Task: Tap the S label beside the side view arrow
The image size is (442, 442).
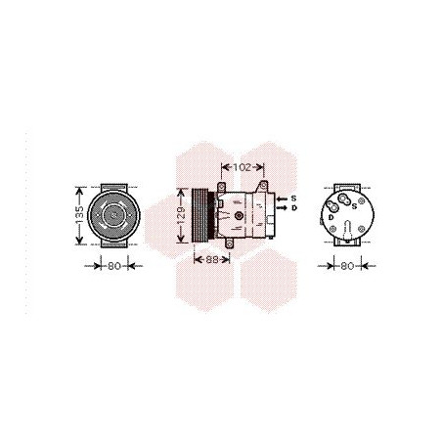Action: click(294, 199)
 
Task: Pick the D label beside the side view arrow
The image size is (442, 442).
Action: click(294, 207)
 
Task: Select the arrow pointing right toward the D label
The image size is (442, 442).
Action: click(282, 207)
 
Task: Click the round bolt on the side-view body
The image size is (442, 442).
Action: click(239, 214)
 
